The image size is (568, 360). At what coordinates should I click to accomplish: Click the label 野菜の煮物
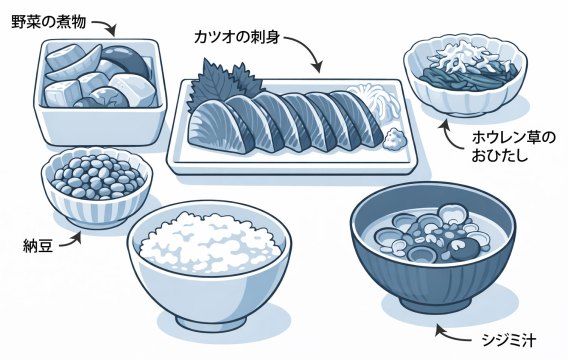coord(48,22)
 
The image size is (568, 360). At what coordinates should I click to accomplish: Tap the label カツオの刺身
coord(237,37)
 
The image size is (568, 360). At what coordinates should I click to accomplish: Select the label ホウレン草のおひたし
coord(513,147)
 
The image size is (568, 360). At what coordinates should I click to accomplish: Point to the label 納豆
coord(38,246)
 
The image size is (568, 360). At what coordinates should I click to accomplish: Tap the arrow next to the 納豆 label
coord(71,241)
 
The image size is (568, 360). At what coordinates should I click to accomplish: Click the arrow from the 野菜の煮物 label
coord(107,25)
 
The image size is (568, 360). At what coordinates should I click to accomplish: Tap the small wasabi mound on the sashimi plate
coord(395,139)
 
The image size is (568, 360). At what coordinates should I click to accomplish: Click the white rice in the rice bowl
coord(210,243)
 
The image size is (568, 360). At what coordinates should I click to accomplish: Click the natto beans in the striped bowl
coord(97,176)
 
